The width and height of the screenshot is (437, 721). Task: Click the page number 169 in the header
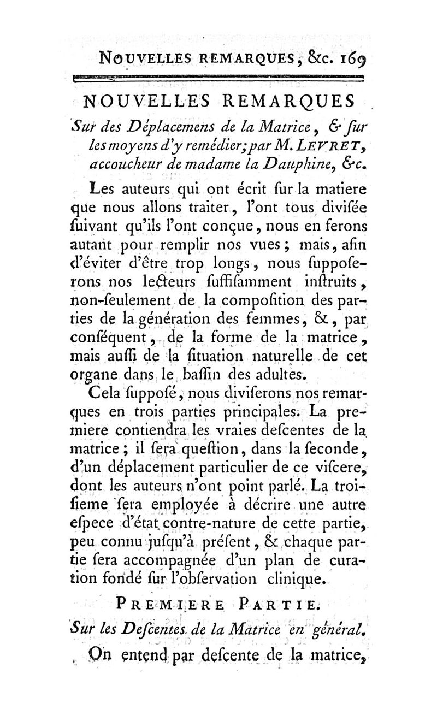(x=348, y=56)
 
